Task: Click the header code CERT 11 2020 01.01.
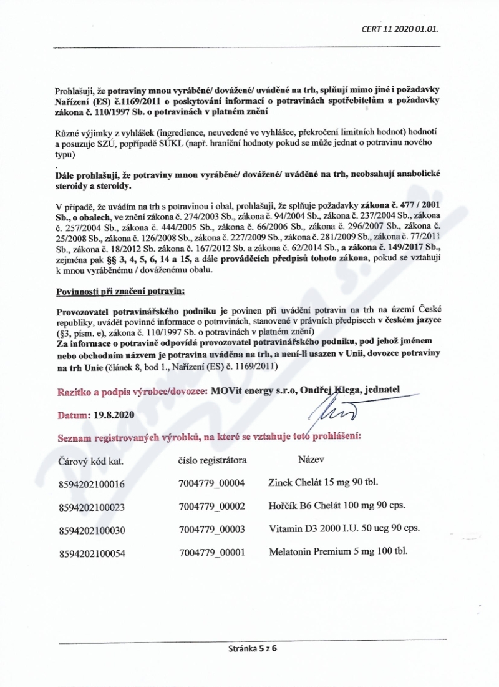404,28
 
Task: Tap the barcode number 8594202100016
91,484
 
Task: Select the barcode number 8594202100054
91,554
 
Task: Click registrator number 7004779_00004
211,483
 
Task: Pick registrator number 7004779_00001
211,553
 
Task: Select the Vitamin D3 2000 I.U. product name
344,530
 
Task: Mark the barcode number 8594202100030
91,531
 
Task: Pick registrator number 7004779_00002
211,507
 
